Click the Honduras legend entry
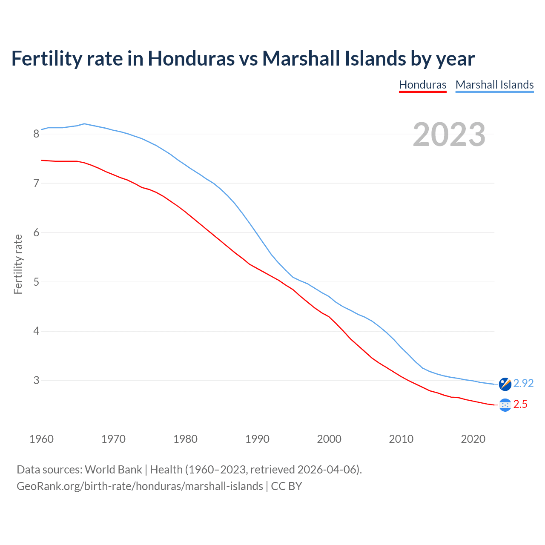pos(422,85)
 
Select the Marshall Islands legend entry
pos(494,85)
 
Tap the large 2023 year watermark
pos(449,135)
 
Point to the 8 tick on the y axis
pos(36,134)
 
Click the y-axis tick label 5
pos(36,282)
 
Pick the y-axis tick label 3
pos(36,380)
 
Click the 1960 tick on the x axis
pos(41,439)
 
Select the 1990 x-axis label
pos(257,439)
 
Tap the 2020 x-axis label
pos(473,439)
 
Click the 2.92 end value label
pos(523,383)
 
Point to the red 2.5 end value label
pos(520,404)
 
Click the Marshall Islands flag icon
pos(505,384)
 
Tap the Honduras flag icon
pos(505,405)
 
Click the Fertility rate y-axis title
pos(18,264)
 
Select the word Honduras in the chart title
pos(191,58)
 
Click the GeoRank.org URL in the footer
pos(140,486)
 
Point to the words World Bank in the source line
pos(113,470)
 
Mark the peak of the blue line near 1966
pos(84,123)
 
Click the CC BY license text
pos(286,486)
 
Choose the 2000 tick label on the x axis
pos(329,439)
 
